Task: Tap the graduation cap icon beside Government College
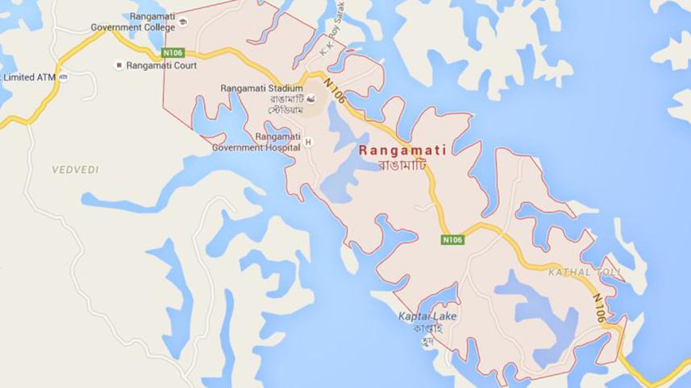(x=182, y=22)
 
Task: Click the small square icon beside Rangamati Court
(x=119, y=64)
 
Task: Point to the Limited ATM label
(x=29, y=77)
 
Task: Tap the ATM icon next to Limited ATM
(x=64, y=77)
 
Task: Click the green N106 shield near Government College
(x=173, y=52)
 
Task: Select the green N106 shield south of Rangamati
(x=452, y=239)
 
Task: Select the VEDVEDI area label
(x=75, y=170)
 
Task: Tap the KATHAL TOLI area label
(x=585, y=273)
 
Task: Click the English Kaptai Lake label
(x=427, y=316)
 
